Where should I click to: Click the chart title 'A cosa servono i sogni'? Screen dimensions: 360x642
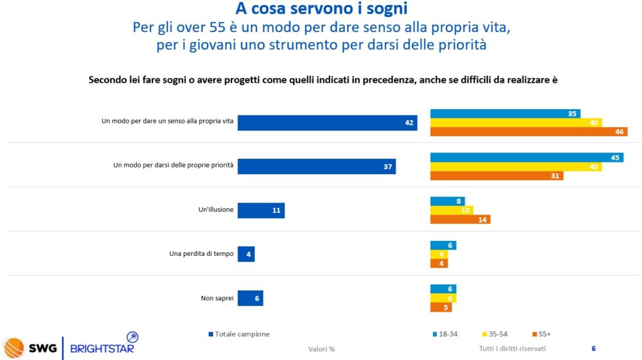coord(321,9)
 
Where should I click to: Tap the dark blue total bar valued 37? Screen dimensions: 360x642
coord(317,166)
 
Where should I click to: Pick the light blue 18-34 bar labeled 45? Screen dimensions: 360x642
coord(527,157)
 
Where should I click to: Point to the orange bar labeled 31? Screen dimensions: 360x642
coord(497,176)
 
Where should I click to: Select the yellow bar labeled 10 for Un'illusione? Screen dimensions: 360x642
coord(451,210)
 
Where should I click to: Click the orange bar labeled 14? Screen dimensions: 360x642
coord(460,220)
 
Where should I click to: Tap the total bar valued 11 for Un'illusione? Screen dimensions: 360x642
coord(261,210)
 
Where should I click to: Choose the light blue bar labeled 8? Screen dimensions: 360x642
coord(447,201)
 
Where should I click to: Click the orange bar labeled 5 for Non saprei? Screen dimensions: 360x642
coord(441,307)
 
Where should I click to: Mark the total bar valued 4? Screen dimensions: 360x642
coord(246,254)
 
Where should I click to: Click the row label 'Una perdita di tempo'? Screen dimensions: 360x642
coord(201,254)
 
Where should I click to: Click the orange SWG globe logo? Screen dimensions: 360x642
coord(14,347)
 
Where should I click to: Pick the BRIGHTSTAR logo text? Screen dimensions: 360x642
coord(102,348)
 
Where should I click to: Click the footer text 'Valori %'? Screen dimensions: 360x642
coord(321,349)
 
